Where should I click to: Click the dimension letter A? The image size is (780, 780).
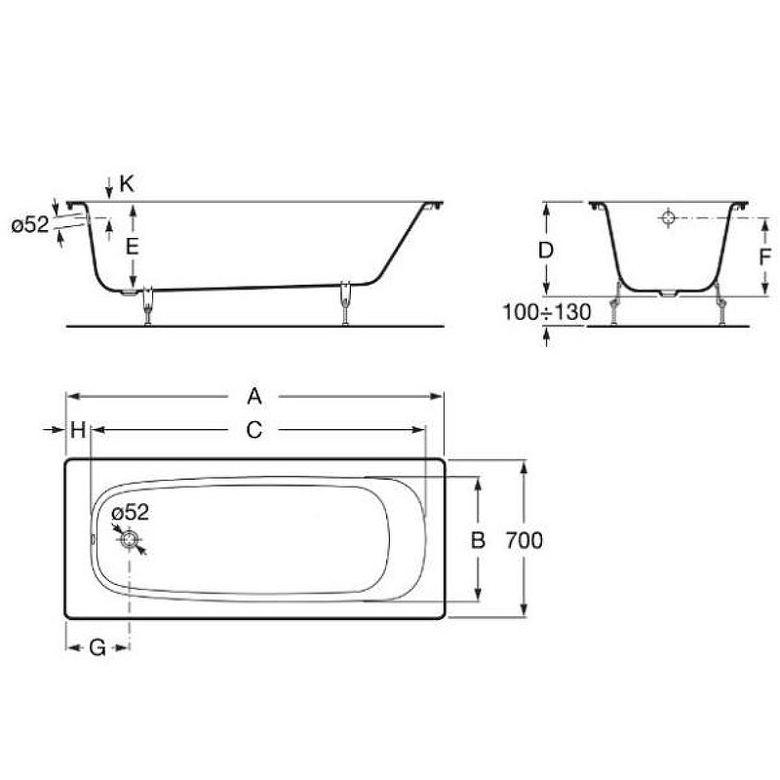(x=254, y=395)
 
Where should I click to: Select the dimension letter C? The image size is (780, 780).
(x=254, y=430)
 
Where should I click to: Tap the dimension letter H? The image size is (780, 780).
(x=78, y=430)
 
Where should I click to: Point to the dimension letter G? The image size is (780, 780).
(x=97, y=647)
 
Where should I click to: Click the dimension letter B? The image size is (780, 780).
(x=478, y=540)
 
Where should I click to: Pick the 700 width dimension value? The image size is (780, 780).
(x=525, y=540)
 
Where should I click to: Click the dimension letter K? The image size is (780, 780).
(x=127, y=182)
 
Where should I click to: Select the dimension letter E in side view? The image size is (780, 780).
(x=133, y=246)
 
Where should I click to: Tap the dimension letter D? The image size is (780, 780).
(x=547, y=250)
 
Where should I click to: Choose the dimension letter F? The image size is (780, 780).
(x=741, y=257)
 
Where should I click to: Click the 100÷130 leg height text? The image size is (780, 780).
(x=547, y=313)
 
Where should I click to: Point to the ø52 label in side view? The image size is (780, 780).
(x=30, y=225)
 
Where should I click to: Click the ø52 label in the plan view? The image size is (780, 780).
(x=130, y=513)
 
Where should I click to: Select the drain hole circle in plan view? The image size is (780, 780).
(x=130, y=539)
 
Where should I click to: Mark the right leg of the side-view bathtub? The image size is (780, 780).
(x=346, y=302)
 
